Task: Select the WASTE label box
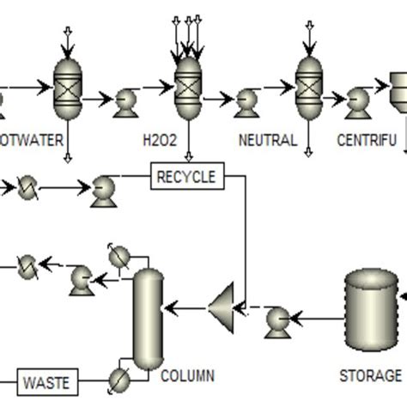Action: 47,379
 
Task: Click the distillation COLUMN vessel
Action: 148,315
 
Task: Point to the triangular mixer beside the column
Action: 224,304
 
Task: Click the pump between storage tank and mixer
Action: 278,319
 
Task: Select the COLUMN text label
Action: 187,376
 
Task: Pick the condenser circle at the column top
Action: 118,256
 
